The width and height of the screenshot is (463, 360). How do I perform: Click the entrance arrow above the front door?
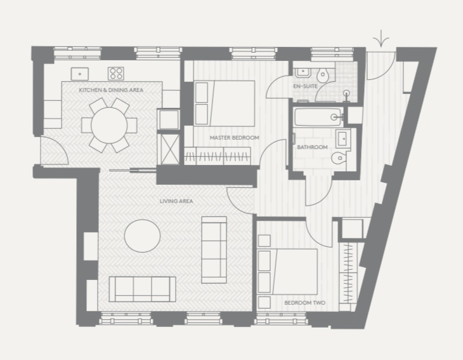pyautogui.click(x=381, y=39)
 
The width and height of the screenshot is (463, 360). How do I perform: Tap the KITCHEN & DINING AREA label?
pyautogui.click(x=111, y=90)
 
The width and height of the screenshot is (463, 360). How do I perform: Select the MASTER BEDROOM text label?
pyautogui.click(x=235, y=138)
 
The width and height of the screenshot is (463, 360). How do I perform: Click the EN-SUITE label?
pyautogui.click(x=305, y=86)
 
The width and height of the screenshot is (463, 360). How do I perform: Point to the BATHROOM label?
pyautogui.click(x=312, y=147)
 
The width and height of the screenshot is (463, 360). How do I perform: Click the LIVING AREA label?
pyautogui.click(x=176, y=201)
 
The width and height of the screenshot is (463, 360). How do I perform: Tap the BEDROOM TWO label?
pyautogui.click(x=304, y=303)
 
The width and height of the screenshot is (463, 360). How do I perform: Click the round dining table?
pyautogui.click(x=109, y=125)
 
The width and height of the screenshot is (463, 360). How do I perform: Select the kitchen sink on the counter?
pyautogui.click(x=80, y=74)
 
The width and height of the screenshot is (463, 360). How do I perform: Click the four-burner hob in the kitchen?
pyautogui.click(x=115, y=74)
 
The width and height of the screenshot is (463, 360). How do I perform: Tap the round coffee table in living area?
pyautogui.click(x=142, y=236)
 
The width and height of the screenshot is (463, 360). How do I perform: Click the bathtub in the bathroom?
pyautogui.click(x=318, y=117)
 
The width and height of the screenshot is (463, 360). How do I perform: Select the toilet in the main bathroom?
pyautogui.click(x=339, y=158)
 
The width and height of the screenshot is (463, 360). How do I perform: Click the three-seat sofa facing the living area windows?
pyautogui.click(x=142, y=290)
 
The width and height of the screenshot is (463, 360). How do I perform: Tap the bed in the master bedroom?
pyautogui.click(x=225, y=103)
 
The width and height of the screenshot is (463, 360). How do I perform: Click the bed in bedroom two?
pyautogui.click(x=287, y=272)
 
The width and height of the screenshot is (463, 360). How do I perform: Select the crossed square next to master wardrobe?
pyautogui.click(x=168, y=149)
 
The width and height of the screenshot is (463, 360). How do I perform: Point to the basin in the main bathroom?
pyautogui.click(x=342, y=138)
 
